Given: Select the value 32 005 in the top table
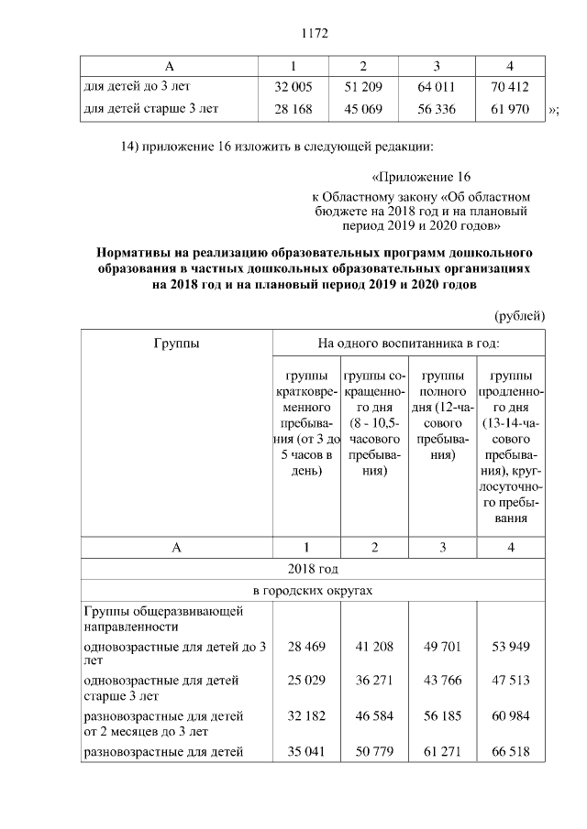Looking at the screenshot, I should pyautogui.click(x=293, y=88).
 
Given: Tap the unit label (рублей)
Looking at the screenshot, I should pyautogui.click(x=520, y=315).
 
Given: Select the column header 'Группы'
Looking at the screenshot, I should pyautogui.click(x=177, y=343).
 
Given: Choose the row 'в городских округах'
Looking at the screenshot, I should pyautogui.click(x=313, y=591).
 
